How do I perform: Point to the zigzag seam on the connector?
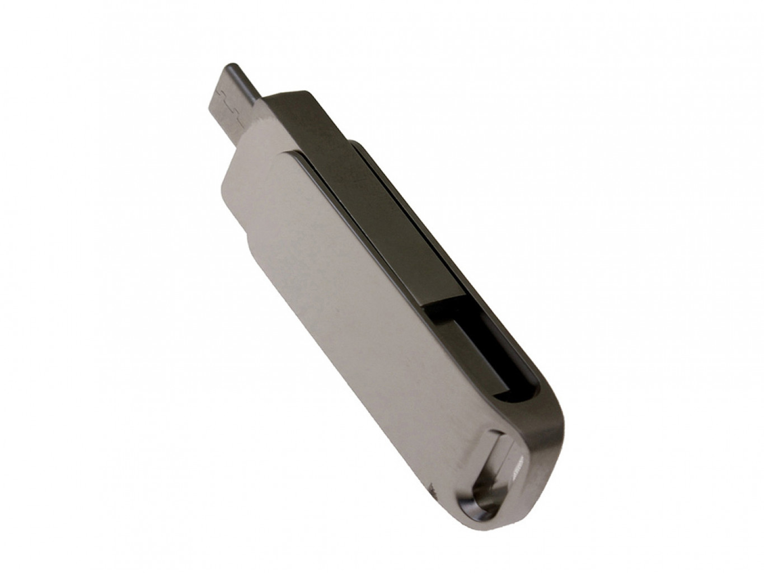click(x=226, y=103)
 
